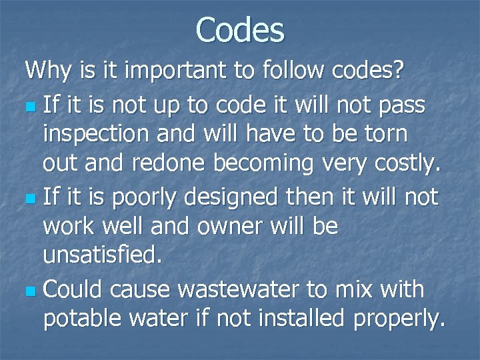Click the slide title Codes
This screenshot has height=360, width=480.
(x=240, y=30)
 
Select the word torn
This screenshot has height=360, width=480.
(x=381, y=134)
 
